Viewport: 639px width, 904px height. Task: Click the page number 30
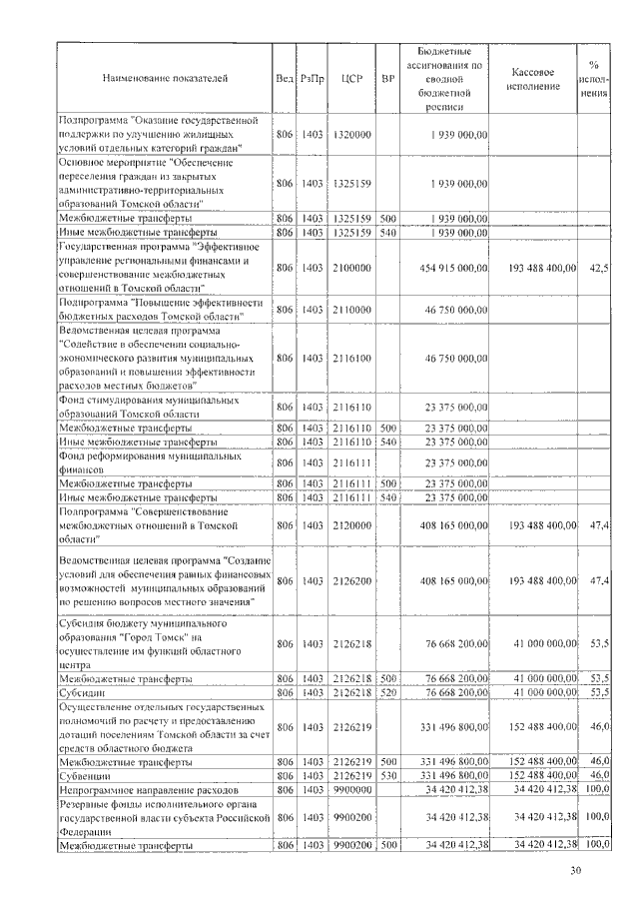click(x=575, y=871)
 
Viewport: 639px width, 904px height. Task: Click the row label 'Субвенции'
click(x=86, y=774)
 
